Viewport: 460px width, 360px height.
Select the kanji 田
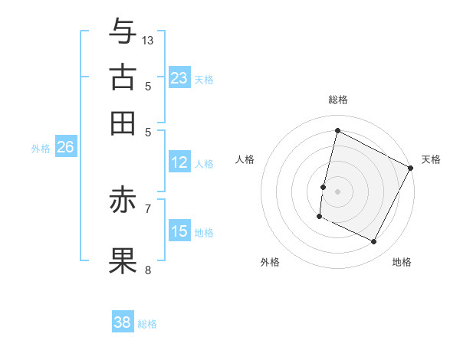[123, 123]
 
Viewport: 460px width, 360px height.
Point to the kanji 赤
[123, 201]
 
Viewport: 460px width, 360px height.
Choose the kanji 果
[123, 260]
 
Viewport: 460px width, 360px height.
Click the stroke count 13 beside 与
[148, 40]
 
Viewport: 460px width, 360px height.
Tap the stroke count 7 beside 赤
[148, 208]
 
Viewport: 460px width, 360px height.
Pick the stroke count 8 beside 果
[148, 270]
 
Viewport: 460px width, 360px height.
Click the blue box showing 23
[179, 77]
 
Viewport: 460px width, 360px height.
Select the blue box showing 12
[179, 162]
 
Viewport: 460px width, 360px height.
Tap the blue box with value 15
[179, 231]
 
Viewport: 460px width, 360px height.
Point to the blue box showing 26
[65, 148]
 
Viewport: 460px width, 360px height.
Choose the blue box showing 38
[123, 322]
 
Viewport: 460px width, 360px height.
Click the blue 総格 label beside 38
[147, 324]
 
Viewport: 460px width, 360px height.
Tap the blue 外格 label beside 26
[41, 149]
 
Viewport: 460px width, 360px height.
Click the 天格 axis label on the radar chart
[431, 159]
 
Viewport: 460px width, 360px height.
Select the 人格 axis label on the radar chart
[245, 159]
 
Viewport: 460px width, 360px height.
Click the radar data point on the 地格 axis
[374, 242]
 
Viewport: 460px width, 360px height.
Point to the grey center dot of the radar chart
[338, 191]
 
